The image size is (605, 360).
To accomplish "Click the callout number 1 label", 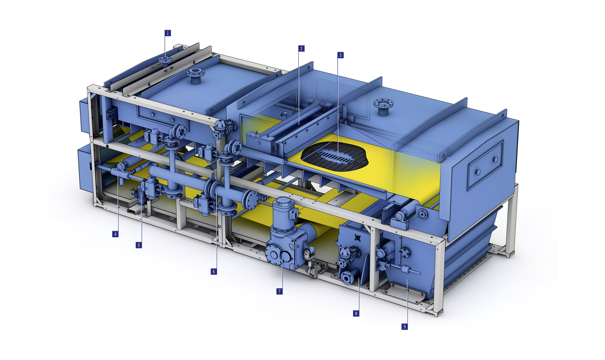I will pyautogui.click(x=168, y=33).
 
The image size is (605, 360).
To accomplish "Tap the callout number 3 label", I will pyautogui.click(x=341, y=55).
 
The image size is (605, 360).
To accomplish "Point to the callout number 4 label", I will pyautogui.click(x=115, y=234).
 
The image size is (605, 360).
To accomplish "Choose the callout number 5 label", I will pyautogui.click(x=139, y=245).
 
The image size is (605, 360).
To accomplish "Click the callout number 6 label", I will pyautogui.click(x=214, y=272).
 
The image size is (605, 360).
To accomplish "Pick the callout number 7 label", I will pyautogui.click(x=280, y=291).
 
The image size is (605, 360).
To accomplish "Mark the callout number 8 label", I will pyautogui.click(x=356, y=313).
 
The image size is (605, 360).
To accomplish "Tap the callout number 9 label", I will pyautogui.click(x=404, y=327).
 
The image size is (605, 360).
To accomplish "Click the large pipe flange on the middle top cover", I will pyautogui.click(x=195, y=73).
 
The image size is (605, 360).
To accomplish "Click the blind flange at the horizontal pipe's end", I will pyautogui.click(x=251, y=200).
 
